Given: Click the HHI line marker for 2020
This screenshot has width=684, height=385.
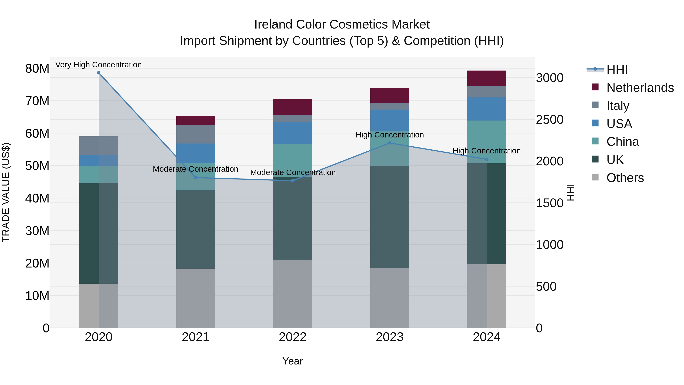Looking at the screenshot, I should (98, 73).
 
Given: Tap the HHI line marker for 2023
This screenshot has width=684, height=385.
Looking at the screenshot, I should (389, 143).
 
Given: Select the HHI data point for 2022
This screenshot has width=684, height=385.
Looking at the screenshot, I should (293, 181).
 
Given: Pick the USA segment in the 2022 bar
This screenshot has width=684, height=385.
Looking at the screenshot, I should (293, 133).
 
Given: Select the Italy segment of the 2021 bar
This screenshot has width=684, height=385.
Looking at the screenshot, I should (196, 134).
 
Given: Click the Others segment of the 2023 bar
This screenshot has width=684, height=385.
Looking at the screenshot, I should (389, 298).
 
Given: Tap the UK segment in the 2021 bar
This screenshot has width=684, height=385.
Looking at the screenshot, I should (196, 229).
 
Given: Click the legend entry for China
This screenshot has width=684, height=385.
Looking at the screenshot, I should (622, 142).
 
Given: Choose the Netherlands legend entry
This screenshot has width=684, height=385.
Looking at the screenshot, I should (640, 88).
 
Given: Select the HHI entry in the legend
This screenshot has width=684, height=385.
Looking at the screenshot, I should (617, 70).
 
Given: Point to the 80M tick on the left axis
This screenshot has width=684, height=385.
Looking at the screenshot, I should (37, 69).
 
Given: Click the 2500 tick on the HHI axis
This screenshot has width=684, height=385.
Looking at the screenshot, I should (549, 120).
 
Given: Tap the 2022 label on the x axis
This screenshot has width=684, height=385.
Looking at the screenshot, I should (293, 337).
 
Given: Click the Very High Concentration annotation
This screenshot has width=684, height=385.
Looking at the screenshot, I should (98, 65).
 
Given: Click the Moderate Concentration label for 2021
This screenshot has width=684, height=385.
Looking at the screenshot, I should (196, 169).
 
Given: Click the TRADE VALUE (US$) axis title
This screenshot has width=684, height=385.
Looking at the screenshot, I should (6, 192).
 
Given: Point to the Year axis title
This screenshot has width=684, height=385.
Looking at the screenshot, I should (293, 361).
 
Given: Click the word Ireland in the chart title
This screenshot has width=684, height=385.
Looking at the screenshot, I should (273, 25).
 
